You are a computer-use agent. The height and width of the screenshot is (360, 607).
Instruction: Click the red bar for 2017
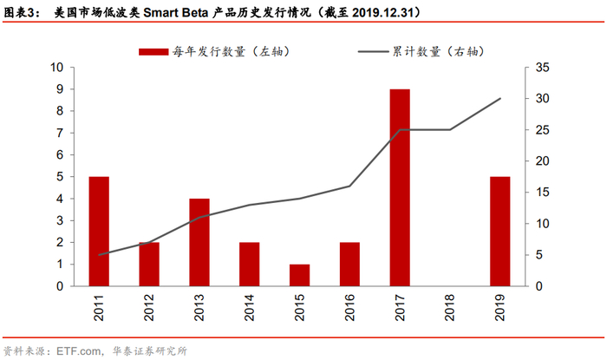(x=400, y=187)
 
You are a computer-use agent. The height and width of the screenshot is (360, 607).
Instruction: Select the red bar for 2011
(x=99, y=231)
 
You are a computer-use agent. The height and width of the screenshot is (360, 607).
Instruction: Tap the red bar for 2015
(x=299, y=275)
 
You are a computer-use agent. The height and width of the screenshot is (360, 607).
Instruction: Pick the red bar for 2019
(x=499, y=231)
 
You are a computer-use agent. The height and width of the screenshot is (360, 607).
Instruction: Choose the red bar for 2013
(x=199, y=242)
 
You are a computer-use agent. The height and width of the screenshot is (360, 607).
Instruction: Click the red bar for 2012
(x=149, y=264)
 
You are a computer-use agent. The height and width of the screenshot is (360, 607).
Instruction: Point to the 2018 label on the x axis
(x=450, y=309)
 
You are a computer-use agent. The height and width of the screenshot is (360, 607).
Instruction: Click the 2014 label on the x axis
(x=250, y=309)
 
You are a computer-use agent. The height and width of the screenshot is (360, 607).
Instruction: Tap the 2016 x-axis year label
(x=349, y=309)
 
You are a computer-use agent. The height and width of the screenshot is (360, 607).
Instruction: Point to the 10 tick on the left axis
(x=57, y=68)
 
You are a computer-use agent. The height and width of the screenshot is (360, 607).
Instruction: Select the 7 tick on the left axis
(x=60, y=133)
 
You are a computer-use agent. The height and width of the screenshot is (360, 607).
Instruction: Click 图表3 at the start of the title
(x=21, y=13)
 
